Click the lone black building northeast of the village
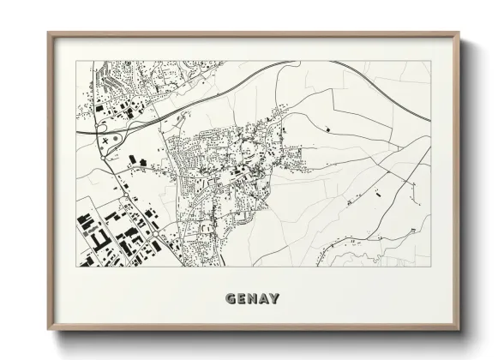point(327,129)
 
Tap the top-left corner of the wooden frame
point(49,33)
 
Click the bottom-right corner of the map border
point(430,267)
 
